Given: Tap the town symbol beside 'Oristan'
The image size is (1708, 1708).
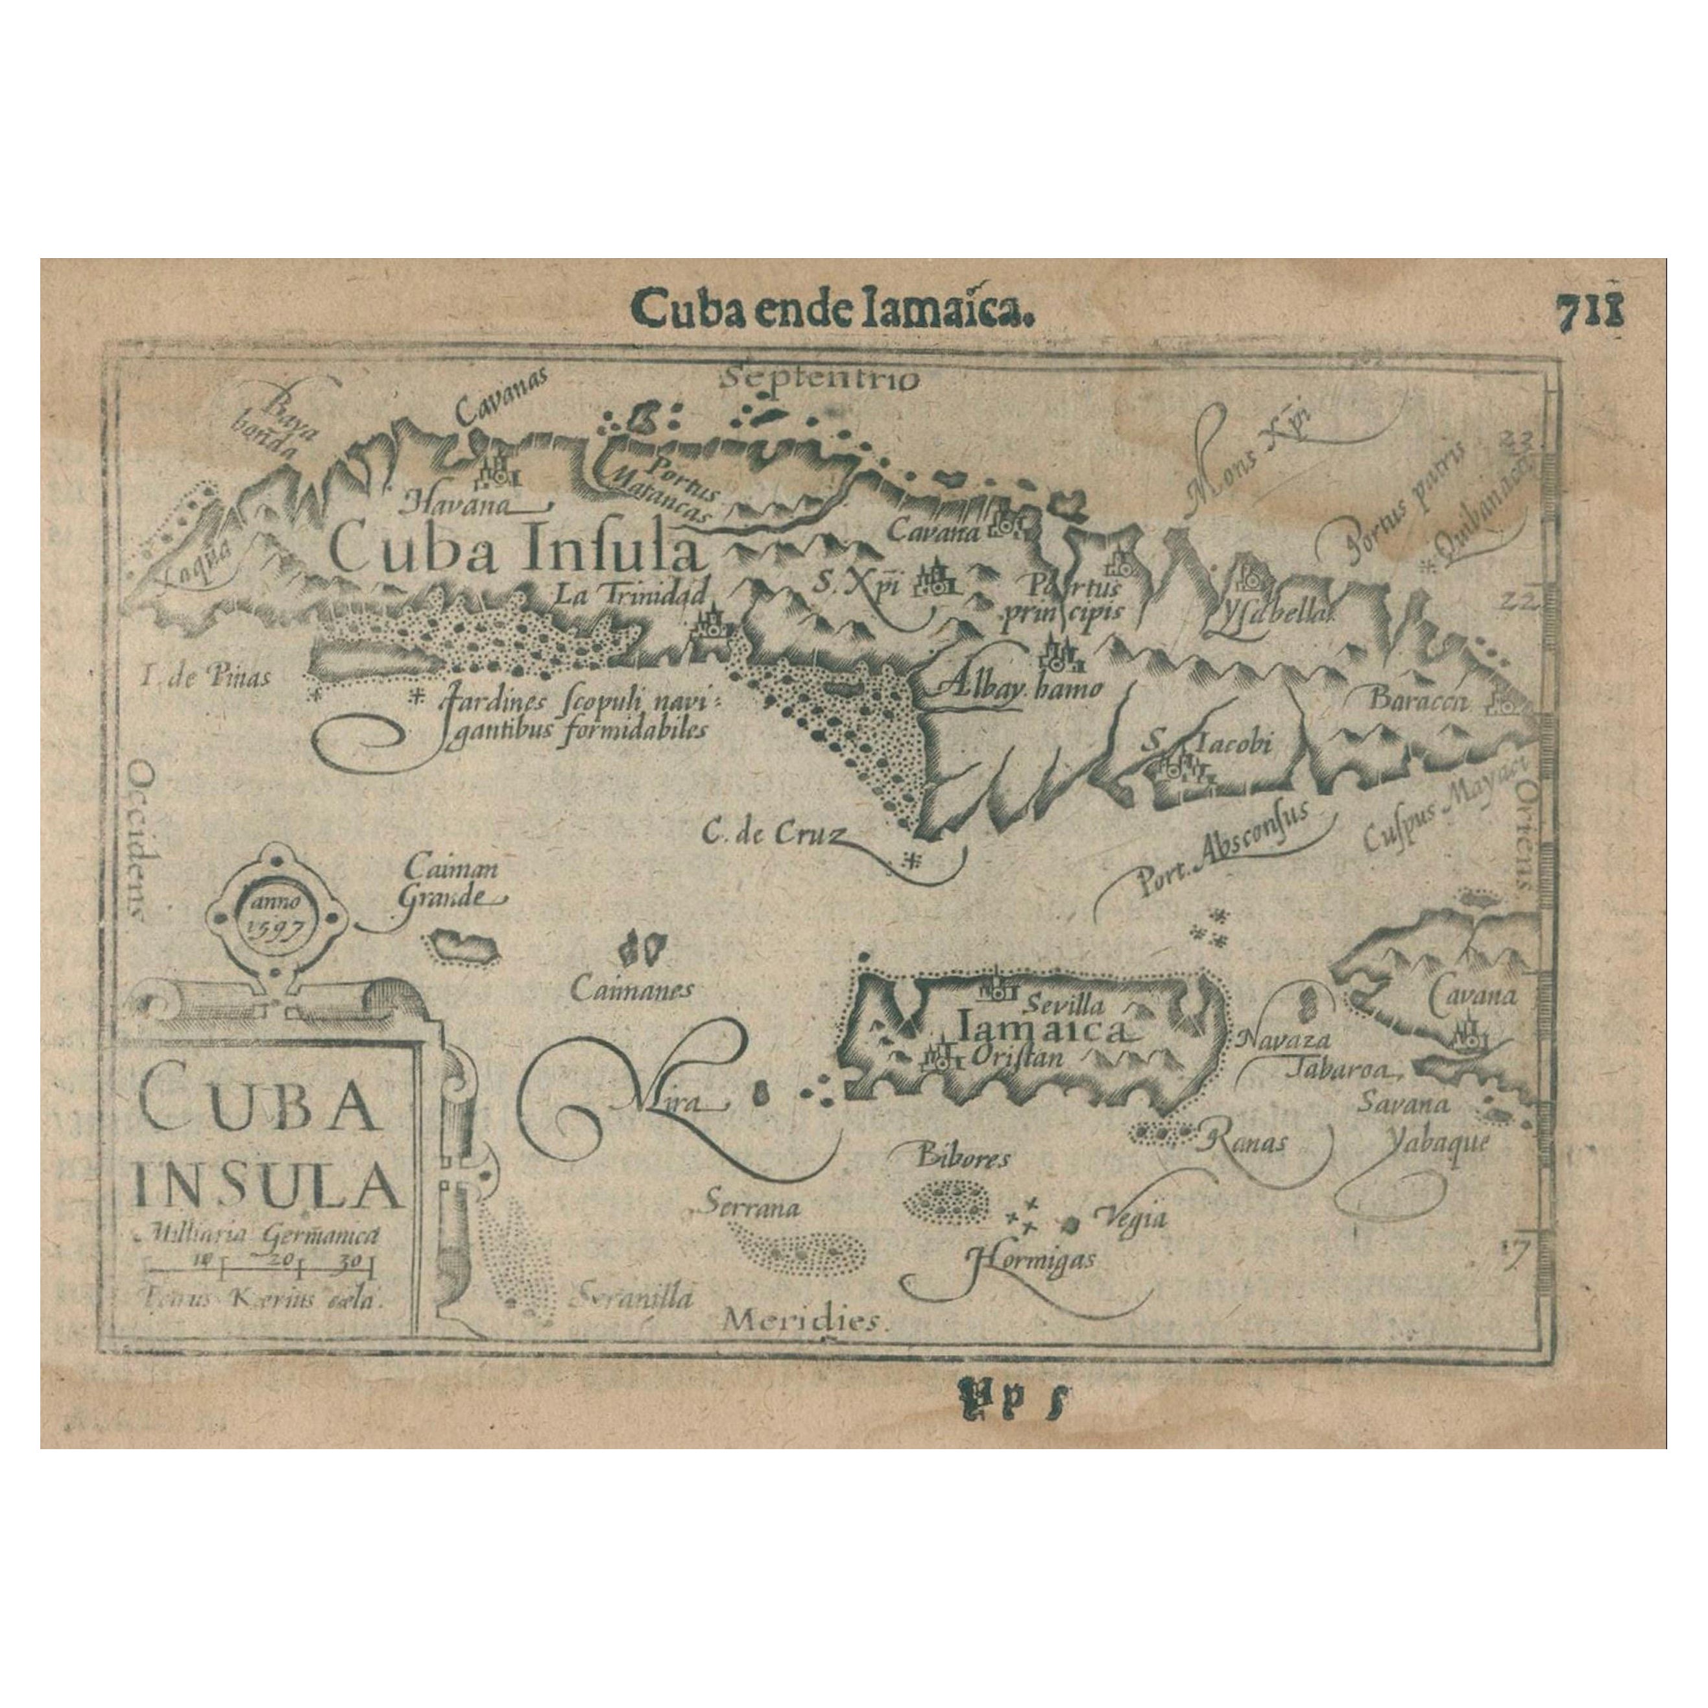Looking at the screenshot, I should click(x=941, y=1057).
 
